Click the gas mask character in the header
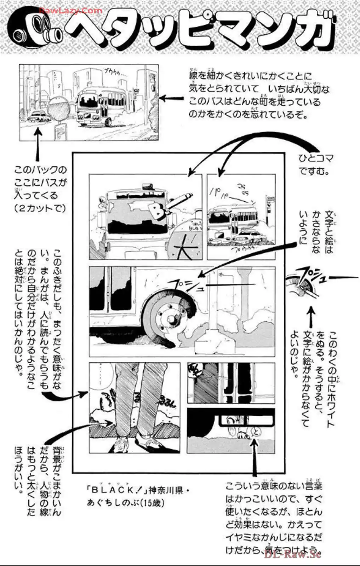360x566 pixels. [34, 30]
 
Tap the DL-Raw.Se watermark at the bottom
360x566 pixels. [292, 554]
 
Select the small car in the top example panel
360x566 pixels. [40, 116]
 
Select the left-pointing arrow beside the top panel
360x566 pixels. [172, 98]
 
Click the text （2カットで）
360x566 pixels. [40, 208]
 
